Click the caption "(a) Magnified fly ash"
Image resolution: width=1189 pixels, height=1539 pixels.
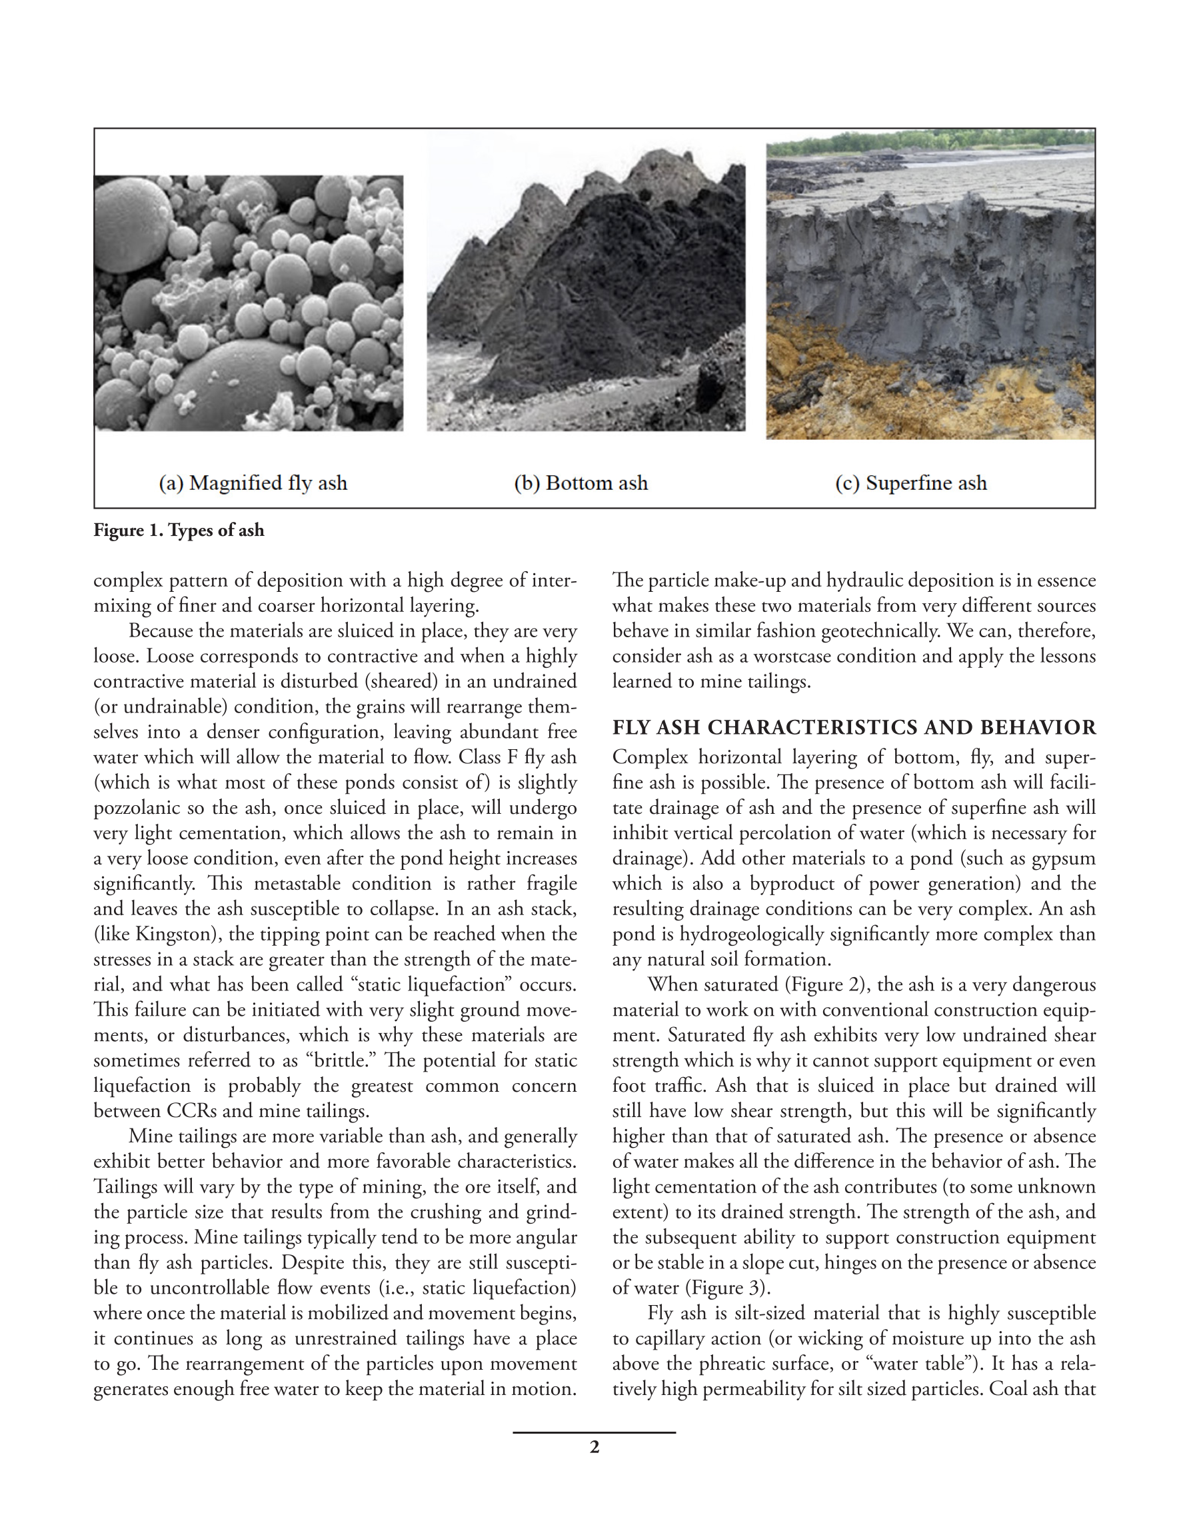tap(253, 483)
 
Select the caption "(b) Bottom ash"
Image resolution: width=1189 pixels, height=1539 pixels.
tap(580, 483)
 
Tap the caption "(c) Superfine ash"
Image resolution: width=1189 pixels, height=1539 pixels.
tap(910, 483)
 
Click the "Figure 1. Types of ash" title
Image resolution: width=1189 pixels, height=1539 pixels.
tap(179, 530)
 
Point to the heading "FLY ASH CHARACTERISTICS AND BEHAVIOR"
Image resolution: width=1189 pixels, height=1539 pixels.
tap(854, 727)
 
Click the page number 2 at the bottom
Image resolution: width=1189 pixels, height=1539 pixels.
tap(594, 1447)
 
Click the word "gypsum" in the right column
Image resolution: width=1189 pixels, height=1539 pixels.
tap(1064, 858)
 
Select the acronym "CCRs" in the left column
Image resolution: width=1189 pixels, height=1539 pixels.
tap(193, 1110)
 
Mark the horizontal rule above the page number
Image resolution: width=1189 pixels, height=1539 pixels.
tap(594, 1432)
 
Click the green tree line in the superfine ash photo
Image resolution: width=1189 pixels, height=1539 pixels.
tap(930, 139)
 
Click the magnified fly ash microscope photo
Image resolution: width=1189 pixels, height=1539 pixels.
tap(249, 303)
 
